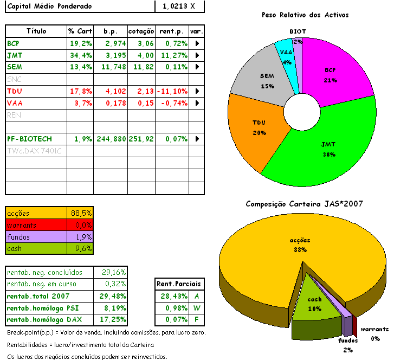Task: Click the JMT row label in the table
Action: (15, 55)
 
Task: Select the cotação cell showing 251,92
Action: (141, 139)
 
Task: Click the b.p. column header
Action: (111, 31)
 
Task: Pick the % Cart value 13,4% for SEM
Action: (80, 67)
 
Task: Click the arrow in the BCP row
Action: (197, 43)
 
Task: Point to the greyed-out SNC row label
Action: (14, 79)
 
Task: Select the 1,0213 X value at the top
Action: (179, 7)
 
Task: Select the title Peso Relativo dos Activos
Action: (305, 15)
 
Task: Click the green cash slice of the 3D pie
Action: (314, 301)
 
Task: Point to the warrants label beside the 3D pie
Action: (374, 329)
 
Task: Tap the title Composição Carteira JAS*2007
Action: (304, 204)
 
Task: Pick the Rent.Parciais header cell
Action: (178, 284)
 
